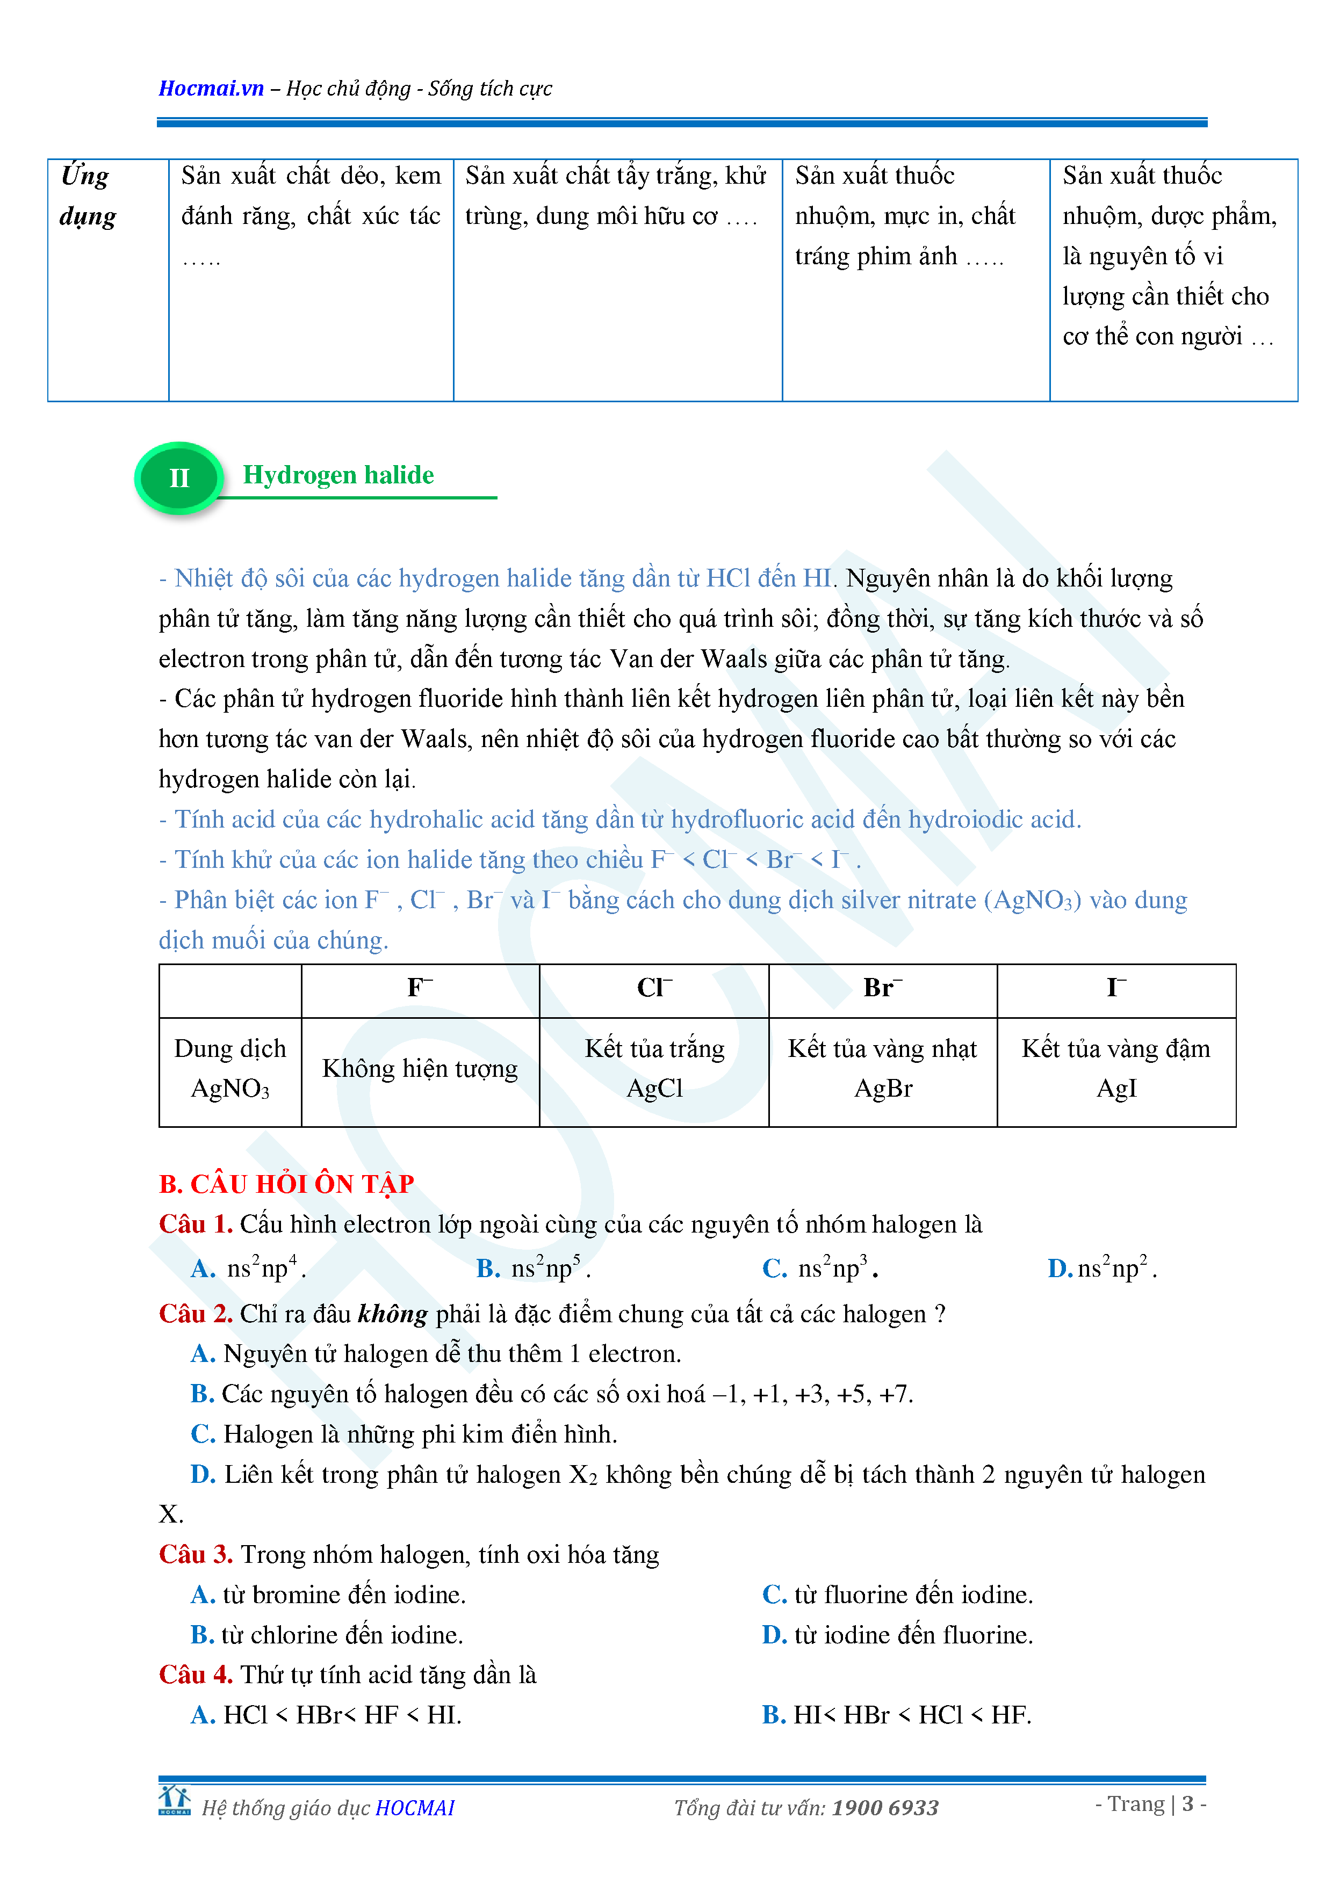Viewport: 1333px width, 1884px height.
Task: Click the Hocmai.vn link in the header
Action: point(211,89)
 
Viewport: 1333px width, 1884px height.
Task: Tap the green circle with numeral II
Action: point(179,477)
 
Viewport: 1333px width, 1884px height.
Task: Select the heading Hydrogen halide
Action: point(338,475)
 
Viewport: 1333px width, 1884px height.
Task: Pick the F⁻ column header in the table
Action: point(420,988)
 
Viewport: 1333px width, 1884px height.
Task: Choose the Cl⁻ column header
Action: point(654,988)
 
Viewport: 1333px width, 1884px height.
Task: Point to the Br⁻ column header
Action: point(882,988)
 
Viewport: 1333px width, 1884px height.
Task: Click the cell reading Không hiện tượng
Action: point(420,1068)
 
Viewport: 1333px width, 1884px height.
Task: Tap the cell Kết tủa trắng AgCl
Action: point(654,1068)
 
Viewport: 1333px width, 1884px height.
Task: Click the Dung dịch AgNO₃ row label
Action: point(230,1068)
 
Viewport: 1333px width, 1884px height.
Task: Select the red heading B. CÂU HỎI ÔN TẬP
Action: point(286,1184)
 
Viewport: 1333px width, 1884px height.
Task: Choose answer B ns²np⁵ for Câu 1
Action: point(534,1269)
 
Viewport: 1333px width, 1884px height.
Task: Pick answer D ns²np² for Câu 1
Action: point(1103,1269)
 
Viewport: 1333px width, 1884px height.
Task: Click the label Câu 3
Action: point(196,1554)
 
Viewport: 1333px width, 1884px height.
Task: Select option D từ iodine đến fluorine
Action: point(897,1635)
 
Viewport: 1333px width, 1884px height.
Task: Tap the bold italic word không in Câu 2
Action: point(392,1314)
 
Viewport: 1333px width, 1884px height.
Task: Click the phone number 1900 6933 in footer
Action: point(885,1808)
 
